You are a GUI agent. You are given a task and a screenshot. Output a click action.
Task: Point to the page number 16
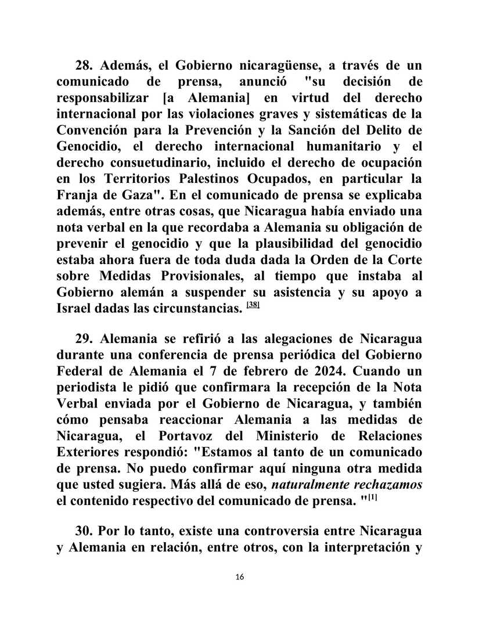coord(240,576)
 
